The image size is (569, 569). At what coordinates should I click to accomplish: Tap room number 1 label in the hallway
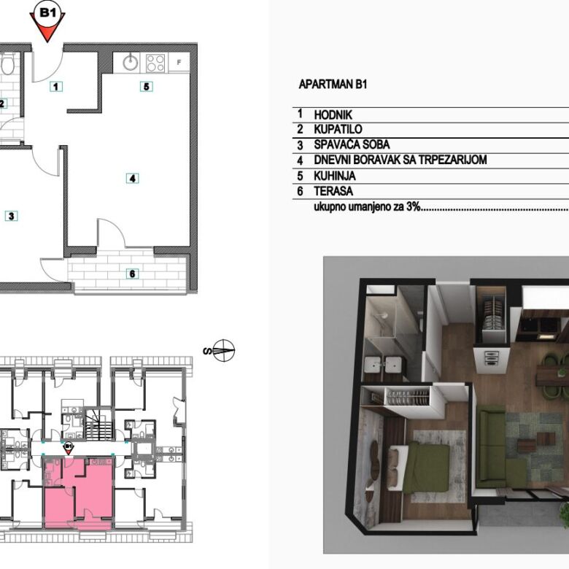(55, 87)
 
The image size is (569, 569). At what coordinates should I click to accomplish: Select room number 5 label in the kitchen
(146, 87)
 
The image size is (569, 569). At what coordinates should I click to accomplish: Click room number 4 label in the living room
(133, 179)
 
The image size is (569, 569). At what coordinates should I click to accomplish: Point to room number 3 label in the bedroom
(11, 216)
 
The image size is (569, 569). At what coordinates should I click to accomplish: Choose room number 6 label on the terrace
(133, 274)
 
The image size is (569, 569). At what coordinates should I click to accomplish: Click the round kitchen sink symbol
(131, 63)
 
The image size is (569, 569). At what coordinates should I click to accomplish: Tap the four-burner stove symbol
(155, 63)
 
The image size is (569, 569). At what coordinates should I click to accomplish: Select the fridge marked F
(179, 62)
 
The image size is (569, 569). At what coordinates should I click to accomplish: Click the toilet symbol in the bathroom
(7, 64)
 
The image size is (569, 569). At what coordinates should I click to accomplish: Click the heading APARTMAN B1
(333, 85)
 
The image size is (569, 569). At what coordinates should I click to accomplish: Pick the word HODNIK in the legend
(333, 115)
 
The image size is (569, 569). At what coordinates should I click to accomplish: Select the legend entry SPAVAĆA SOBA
(352, 144)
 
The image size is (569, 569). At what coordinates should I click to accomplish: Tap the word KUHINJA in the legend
(335, 176)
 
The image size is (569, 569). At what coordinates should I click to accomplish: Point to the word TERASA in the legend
(333, 191)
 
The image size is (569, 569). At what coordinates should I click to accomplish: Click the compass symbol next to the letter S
(223, 351)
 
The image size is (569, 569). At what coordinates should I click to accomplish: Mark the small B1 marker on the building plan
(69, 448)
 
